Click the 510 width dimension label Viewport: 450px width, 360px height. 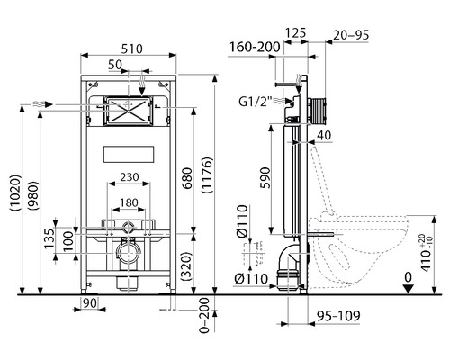tap(131, 49)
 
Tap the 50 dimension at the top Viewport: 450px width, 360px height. tap(115, 65)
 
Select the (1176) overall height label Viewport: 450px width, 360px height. tap(208, 175)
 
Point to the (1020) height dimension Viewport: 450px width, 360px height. tap(15, 193)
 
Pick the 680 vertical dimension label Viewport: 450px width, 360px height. tap(187, 178)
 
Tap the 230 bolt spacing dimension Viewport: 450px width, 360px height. tap(130, 177)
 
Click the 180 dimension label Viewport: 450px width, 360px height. tap(129, 202)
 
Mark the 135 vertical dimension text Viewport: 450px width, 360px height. tap(49, 238)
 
